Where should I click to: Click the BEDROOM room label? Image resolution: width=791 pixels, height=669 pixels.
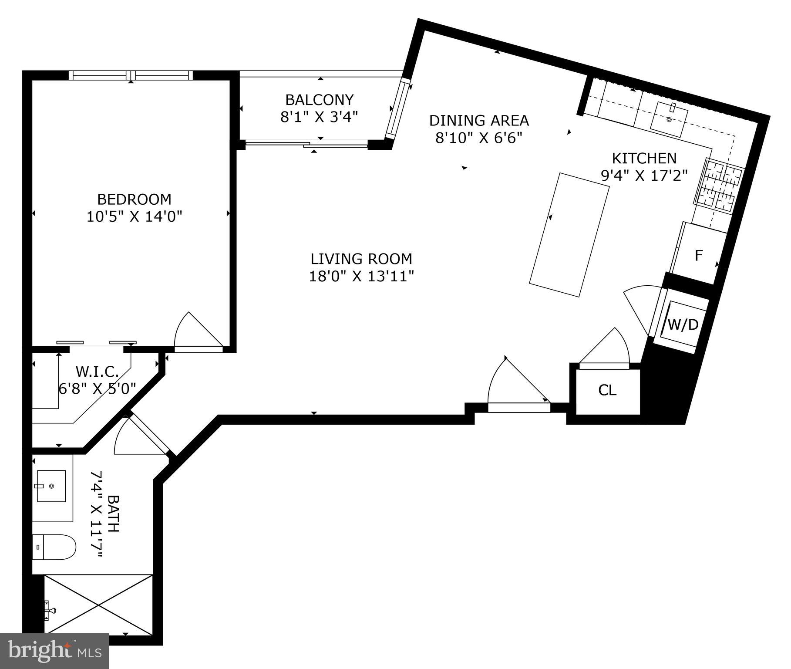(x=134, y=199)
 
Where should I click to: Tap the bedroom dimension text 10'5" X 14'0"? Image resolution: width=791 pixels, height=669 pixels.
(x=134, y=216)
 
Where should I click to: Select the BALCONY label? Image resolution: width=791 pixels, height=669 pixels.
(x=319, y=100)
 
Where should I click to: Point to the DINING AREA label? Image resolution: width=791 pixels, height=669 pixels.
(x=479, y=120)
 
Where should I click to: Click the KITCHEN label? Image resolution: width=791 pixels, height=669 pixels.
(x=644, y=158)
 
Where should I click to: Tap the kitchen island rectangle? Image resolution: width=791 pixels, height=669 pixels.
(x=569, y=235)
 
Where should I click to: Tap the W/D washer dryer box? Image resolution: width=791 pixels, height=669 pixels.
(x=682, y=324)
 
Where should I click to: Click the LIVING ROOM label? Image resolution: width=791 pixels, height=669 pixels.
(x=361, y=259)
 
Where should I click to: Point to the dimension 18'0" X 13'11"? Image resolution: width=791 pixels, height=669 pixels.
(x=361, y=276)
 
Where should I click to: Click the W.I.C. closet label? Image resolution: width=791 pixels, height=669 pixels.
(x=97, y=372)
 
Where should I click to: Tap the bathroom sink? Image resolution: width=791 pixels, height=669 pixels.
(x=51, y=486)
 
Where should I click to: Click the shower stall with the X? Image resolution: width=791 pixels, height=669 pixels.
(x=99, y=605)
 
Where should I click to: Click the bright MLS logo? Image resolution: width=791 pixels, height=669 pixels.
(x=54, y=651)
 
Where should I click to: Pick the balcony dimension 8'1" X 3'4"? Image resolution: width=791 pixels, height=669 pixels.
(x=319, y=117)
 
